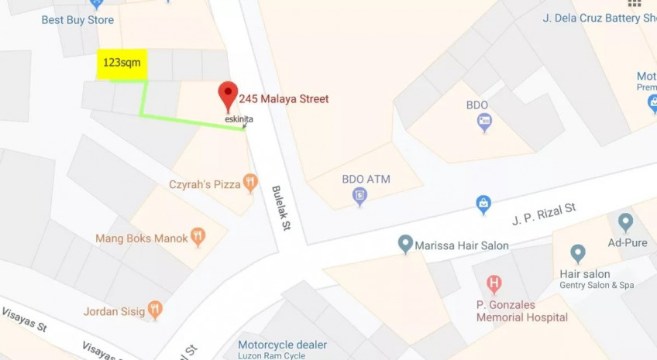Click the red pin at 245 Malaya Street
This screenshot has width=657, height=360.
coord(227,95)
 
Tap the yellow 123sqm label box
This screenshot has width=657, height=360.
coord(122,63)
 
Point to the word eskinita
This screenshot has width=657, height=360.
coord(239,119)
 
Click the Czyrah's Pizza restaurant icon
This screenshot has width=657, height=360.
coord(249,183)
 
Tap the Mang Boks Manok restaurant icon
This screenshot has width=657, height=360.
coord(198,237)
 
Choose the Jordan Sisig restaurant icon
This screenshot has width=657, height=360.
coord(155,310)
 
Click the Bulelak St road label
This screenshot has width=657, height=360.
coord(280,207)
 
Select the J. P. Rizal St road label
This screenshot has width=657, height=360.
coord(544,214)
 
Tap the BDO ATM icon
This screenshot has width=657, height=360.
coord(359,196)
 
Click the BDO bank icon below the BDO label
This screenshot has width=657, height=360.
coord(484,122)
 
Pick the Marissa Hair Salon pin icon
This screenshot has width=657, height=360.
coord(404,245)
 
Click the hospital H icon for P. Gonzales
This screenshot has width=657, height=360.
coord(494,285)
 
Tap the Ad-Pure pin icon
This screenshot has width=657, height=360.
coord(625,223)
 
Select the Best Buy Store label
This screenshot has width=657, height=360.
coord(77,20)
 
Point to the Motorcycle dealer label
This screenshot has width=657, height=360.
coord(282,345)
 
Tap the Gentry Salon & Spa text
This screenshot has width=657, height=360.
coord(597,286)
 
